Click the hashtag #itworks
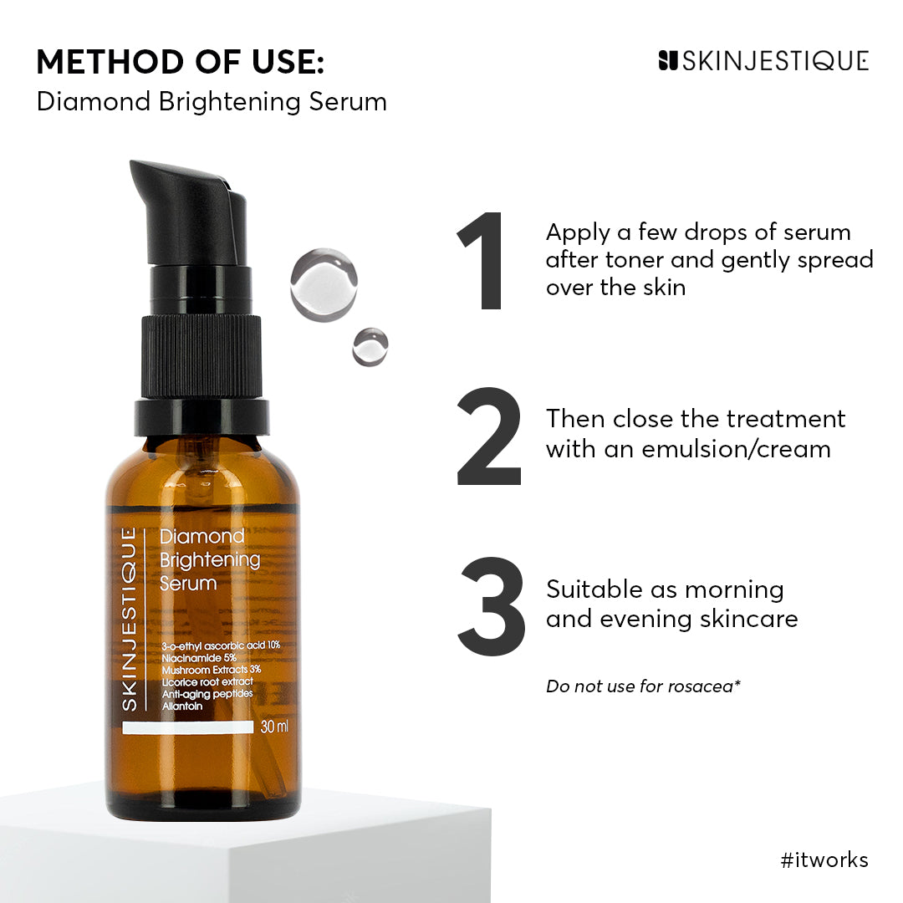pyautogui.click(x=824, y=860)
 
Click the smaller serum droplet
pyautogui.click(x=370, y=346)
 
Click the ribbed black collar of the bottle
pyautogui.click(x=202, y=355)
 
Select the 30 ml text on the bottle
pyautogui.click(x=275, y=727)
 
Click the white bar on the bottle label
pyautogui.click(x=187, y=727)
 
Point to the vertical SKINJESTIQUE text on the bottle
pyautogui.click(x=129, y=619)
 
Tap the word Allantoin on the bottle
pyautogui.click(x=182, y=707)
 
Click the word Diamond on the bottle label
pyautogui.click(x=202, y=536)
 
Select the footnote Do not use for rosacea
pyautogui.click(x=643, y=686)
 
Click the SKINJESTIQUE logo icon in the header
pyautogui.click(x=667, y=60)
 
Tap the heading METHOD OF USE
pyautogui.click(x=180, y=62)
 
